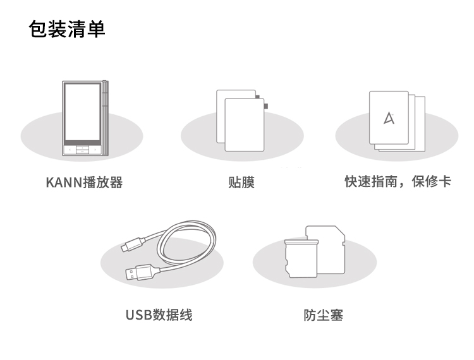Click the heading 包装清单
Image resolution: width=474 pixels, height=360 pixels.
coord(68,29)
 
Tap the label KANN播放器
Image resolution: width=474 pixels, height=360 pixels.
coord(84,183)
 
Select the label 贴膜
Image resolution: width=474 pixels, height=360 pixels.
coord(241,183)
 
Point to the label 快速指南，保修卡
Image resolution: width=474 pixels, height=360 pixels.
coord(398,182)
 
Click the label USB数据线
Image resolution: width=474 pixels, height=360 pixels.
coord(159,315)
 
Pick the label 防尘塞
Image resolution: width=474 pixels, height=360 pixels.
coord(323,315)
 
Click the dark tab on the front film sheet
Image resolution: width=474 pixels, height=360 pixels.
coord(265,104)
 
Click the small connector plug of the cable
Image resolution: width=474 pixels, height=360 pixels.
coord(132,243)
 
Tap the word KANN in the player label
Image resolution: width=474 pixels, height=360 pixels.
coord(60,183)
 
